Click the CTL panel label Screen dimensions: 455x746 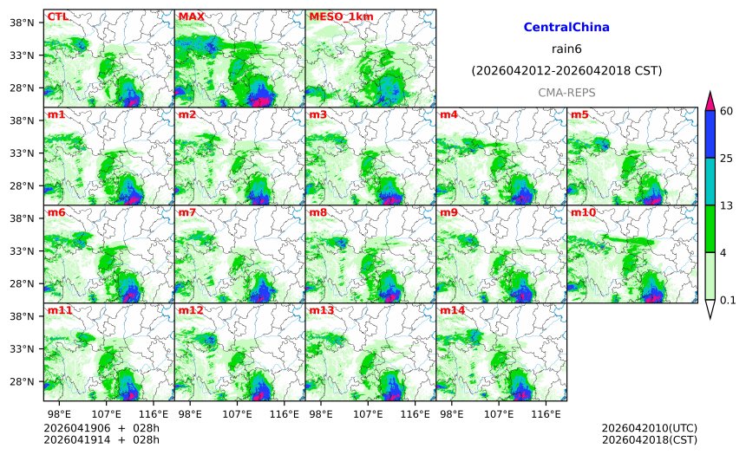(57, 16)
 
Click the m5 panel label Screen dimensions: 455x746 (579, 114)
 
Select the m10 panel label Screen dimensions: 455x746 (582, 212)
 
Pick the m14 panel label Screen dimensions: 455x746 (451, 310)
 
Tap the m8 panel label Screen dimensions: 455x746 (317, 212)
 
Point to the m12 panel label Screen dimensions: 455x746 (190, 310)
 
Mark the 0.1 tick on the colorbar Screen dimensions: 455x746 (729, 301)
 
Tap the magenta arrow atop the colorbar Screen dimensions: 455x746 (710, 100)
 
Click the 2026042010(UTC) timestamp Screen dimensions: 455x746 (649, 428)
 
